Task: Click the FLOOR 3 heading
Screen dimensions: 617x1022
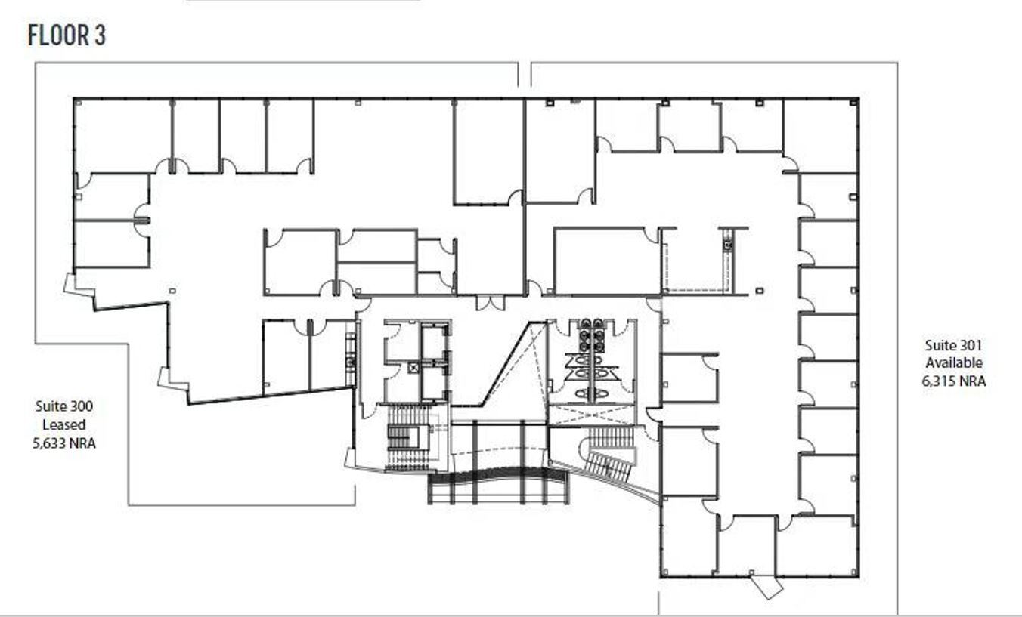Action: [67, 35]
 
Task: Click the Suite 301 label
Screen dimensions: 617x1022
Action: [953, 345]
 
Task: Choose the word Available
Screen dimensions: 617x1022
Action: [953, 363]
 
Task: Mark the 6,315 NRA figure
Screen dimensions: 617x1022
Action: [953, 381]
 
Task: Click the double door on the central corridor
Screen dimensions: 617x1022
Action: [490, 302]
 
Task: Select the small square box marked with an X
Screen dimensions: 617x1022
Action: [413, 368]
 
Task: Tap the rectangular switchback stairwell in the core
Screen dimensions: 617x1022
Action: [398, 437]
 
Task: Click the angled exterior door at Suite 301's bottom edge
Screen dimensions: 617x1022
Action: [766, 585]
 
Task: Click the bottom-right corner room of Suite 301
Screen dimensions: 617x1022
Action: [816, 545]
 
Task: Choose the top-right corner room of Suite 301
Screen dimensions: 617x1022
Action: [820, 134]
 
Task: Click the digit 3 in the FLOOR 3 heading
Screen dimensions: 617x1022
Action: [100, 35]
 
